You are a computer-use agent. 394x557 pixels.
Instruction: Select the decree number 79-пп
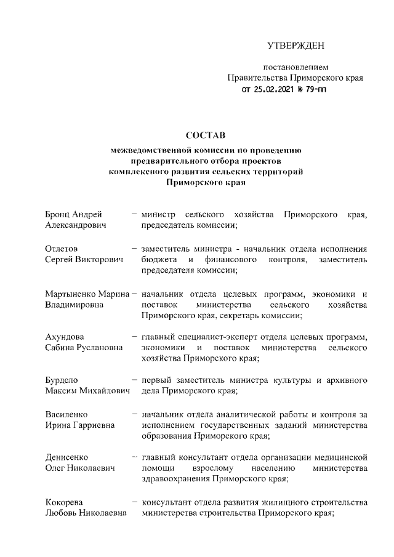(316, 89)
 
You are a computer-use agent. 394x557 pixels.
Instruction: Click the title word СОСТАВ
(206, 135)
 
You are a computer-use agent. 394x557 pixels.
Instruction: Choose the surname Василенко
(66, 414)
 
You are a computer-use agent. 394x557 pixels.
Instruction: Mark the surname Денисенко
(66, 457)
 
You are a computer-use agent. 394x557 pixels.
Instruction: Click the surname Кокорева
(64, 502)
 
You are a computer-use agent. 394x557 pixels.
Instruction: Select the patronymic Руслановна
(101, 348)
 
